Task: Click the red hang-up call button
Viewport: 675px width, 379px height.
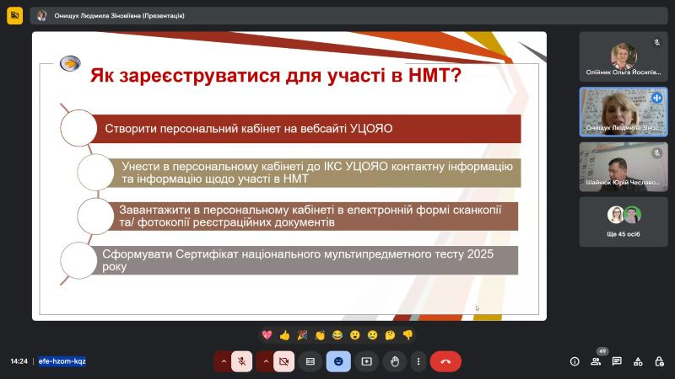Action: (x=445, y=361)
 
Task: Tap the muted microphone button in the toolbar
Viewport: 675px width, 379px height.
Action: (x=241, y=361)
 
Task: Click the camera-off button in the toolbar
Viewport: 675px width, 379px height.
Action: (x=283, y=361)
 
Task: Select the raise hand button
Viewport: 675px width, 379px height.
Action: (x=395, y=361)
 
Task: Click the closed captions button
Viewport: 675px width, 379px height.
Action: (x=310, y=361)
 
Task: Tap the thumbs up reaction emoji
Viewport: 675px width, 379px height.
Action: (x=284, y=335)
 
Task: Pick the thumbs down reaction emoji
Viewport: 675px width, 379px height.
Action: (x=408, y=334)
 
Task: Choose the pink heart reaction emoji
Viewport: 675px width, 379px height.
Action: (x=267, y=334)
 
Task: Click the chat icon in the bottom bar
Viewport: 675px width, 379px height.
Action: (x=617, y=361)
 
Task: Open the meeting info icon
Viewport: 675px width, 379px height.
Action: (x=575, y=361)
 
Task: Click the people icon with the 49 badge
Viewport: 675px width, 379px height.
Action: (x=596, y=361)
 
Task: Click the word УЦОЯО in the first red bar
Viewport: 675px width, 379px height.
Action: (x=371, y=129)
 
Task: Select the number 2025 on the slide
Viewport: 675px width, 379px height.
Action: (x=480, y=254)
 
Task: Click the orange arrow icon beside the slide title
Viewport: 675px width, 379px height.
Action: (x=70, y=64)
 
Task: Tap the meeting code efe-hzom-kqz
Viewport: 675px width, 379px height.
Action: (x=62, y=361)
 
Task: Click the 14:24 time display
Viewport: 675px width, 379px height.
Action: (x=19, y=361)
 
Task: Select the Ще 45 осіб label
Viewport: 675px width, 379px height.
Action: (x=624, y=234)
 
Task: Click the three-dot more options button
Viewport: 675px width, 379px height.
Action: (x=418, y=361)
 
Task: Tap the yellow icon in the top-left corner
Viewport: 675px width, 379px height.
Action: (x=14, y=16)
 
